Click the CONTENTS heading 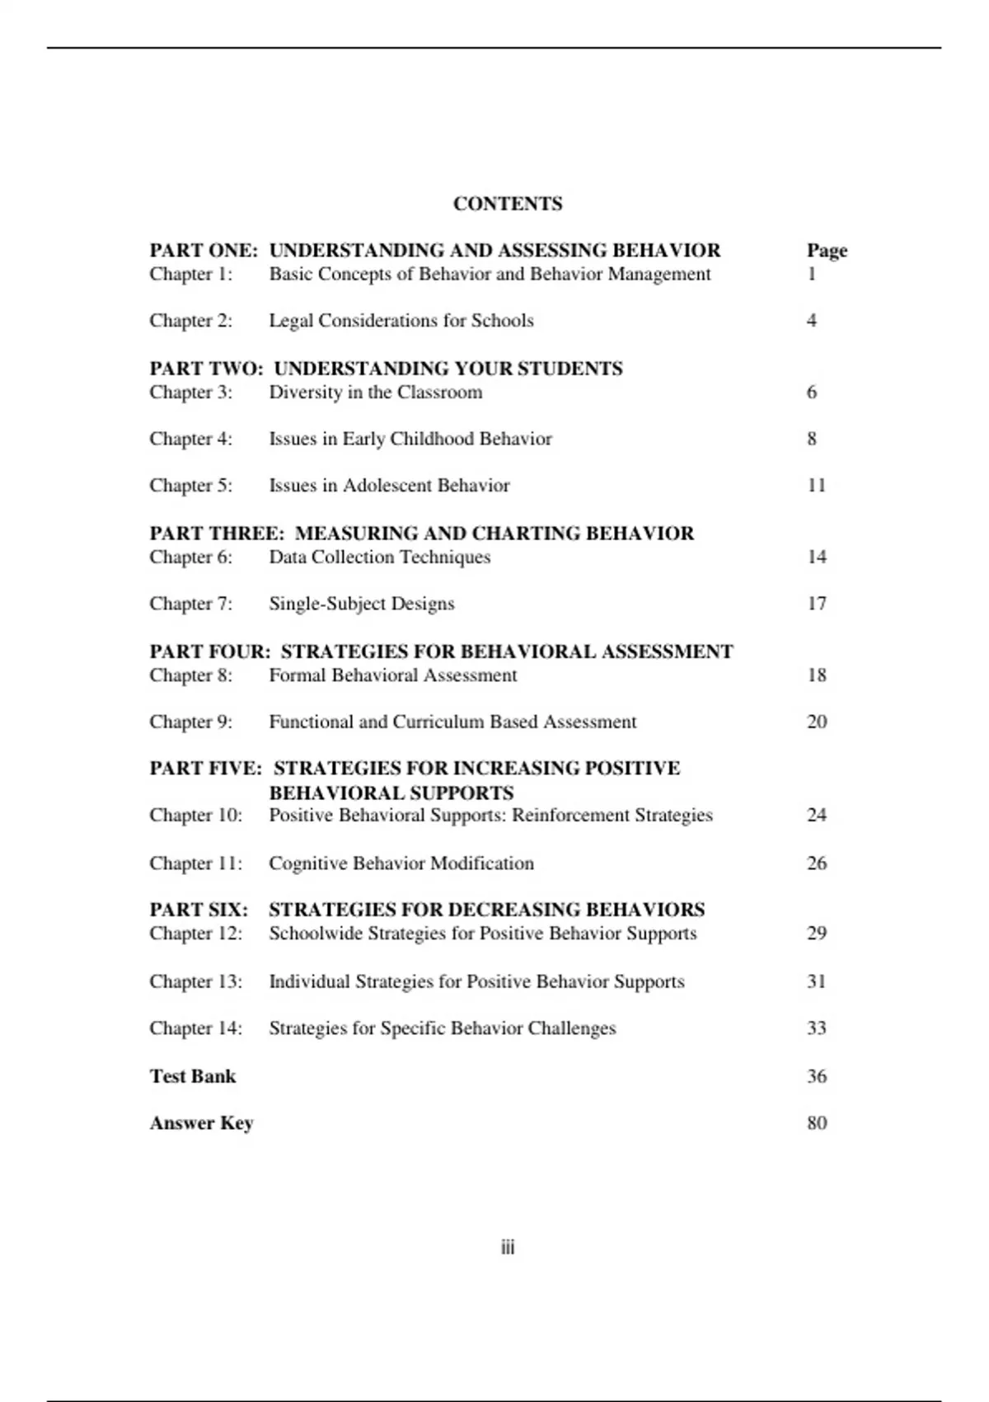(x=508, y=204)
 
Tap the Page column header (x=827, y=250)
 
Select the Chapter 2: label (x=191, y=320)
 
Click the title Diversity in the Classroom (x=376, y=392)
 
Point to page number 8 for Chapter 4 (x=812, y=438)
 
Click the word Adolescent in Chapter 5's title (x=387, y=485)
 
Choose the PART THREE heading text (x=421, y=533)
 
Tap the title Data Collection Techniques (x=380, y=557)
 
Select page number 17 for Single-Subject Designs (x=816, y=603)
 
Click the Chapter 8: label (x=191, y=675)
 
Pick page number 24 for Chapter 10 (x=816, y=815)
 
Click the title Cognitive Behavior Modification (x=401, y=863)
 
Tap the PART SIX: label (x=199, y=909)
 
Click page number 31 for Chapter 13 (x=816, y=981)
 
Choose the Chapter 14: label (x=196, y=1028)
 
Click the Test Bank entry (x=193, y=1075)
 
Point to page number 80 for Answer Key (x=816, y=1122)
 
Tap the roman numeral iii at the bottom (x=508, y=1247)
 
